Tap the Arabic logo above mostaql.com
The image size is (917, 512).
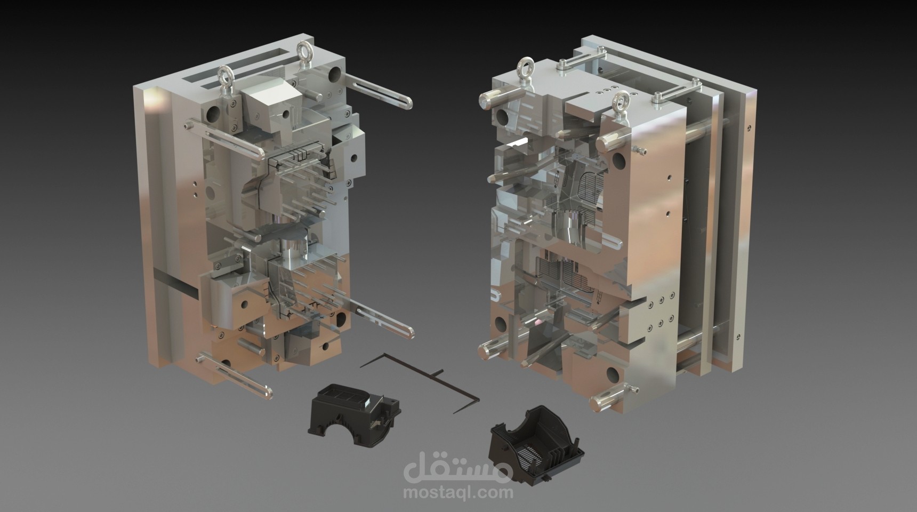click(x=458, y=467)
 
